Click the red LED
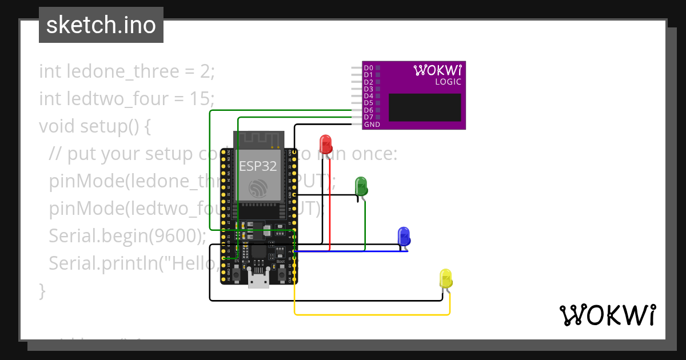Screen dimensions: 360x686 tap(326, 143)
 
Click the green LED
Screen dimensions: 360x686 tap(361, 185)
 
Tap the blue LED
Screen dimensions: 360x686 tap(404, 235)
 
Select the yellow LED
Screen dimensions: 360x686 tap(446, 278)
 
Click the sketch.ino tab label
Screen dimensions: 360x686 tap(101, 25)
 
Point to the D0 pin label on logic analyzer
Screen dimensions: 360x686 tap(369, 68)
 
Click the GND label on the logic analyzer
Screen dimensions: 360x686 tap(372, 124)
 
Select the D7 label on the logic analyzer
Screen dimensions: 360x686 tap(369, 117)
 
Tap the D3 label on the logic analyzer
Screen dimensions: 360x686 tap(369, 89)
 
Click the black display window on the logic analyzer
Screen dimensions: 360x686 tap(425, 107)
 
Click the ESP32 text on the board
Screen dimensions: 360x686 tap(258, 166)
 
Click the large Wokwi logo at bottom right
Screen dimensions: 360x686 tap(607, 315)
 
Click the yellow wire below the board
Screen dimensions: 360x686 tap(372, 314)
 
